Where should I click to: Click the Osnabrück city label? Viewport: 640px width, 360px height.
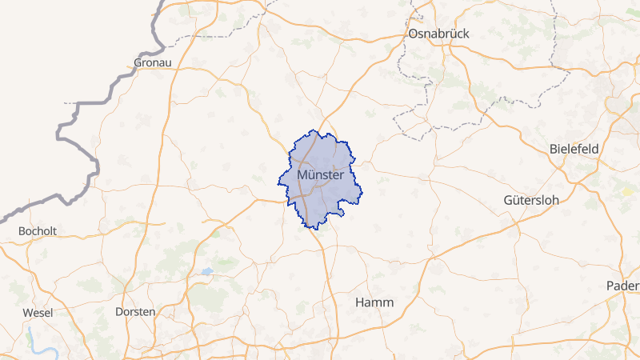tap(438, 34)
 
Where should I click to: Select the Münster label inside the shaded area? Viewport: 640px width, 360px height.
tap(320, 174)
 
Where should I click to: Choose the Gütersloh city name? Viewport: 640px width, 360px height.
tap(535, 198)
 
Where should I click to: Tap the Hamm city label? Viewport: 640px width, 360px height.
tap(374, 302)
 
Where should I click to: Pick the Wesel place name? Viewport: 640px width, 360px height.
tap(38, 312)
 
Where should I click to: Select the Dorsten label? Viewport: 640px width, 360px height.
tap(135, 311)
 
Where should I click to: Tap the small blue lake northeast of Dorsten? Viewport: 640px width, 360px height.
tap(206, 271)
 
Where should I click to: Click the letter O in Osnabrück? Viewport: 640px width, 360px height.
tap(413, 34)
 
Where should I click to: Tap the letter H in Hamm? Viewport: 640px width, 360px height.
tap(360, 302)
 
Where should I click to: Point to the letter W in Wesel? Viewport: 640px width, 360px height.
tap(27, 312)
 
